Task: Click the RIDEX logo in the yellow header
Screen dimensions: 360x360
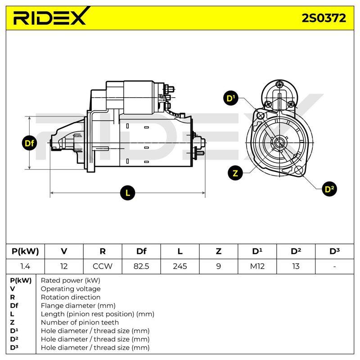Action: (x=50, y=16)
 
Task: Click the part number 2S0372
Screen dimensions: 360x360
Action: (x=324, y=18)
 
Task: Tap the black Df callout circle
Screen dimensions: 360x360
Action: (x=29, y=143)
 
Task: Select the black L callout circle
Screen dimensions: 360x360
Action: (x=128, y=193)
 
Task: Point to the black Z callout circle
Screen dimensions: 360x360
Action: (x=235, y=173)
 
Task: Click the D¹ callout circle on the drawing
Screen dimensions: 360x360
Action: (x=231, y=98)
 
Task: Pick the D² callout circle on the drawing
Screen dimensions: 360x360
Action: (x=329, y=189)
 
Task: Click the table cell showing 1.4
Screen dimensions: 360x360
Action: (x=25, y=266)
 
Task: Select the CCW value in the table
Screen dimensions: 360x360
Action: (x=103, y=266)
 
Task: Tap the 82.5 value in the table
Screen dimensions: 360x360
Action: (x=141, y=266)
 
